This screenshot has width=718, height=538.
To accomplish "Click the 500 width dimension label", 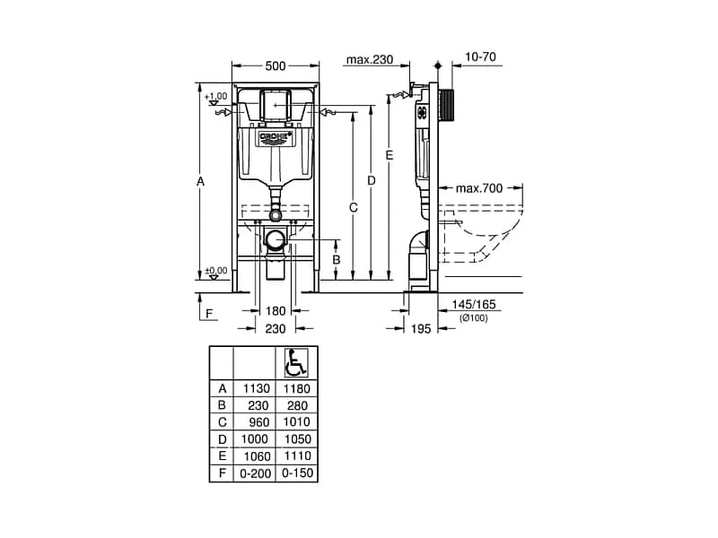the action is (x=276, y=65).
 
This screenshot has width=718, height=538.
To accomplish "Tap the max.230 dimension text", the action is (x=370, y=59).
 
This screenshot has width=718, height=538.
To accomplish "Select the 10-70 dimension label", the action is (x=480, y=56).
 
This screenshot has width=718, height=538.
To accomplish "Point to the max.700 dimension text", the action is (x=479, y=188).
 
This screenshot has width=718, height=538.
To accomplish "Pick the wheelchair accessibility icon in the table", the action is (x=296, y=363).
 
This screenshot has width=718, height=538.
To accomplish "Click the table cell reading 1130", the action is (x=257, y=388).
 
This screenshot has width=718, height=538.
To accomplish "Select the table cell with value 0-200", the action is (x=255, y=473).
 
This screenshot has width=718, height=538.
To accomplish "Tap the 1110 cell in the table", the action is (x=297, y=456).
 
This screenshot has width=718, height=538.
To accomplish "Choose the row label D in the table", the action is (x=222, y=439).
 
